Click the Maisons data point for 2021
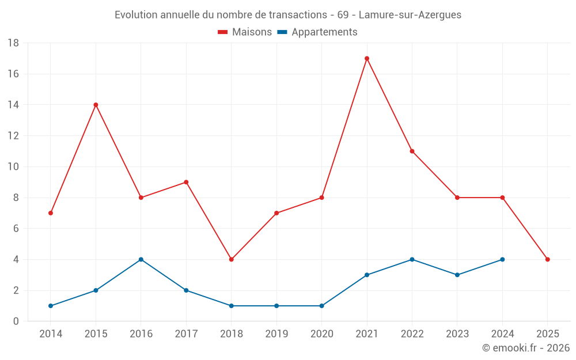[367, 58]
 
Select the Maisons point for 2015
[96, 105]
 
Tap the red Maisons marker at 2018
[232, 259]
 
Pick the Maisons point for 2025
[547, 259]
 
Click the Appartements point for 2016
[141, 259]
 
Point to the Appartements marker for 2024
[502, 259]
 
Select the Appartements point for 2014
[51, 306]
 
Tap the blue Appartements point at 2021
[367, 275]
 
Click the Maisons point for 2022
[412, 151]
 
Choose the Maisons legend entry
[245, 32]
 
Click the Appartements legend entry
[317, 32]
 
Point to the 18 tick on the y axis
[13, 43]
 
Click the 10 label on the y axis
[13, 167]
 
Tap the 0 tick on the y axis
[16, 321]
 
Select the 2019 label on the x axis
[276, 334]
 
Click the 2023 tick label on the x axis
[457, 334]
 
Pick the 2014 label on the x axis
[51, 334]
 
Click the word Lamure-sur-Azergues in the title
[410, 15]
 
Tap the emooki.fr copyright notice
[525, 348]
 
